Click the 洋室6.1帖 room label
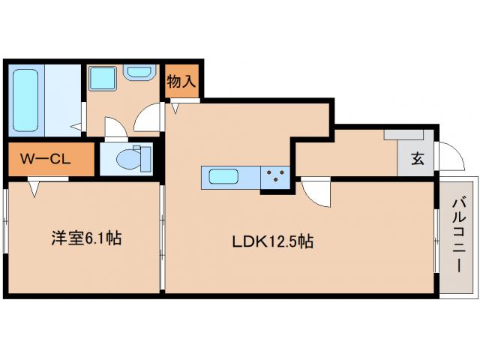click(85, 240)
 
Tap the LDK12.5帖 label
click(271, 241)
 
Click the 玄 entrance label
click(416, 158)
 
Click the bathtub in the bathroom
click(26, 98)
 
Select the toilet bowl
click(132, 159)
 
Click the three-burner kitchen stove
click(275, 178)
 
